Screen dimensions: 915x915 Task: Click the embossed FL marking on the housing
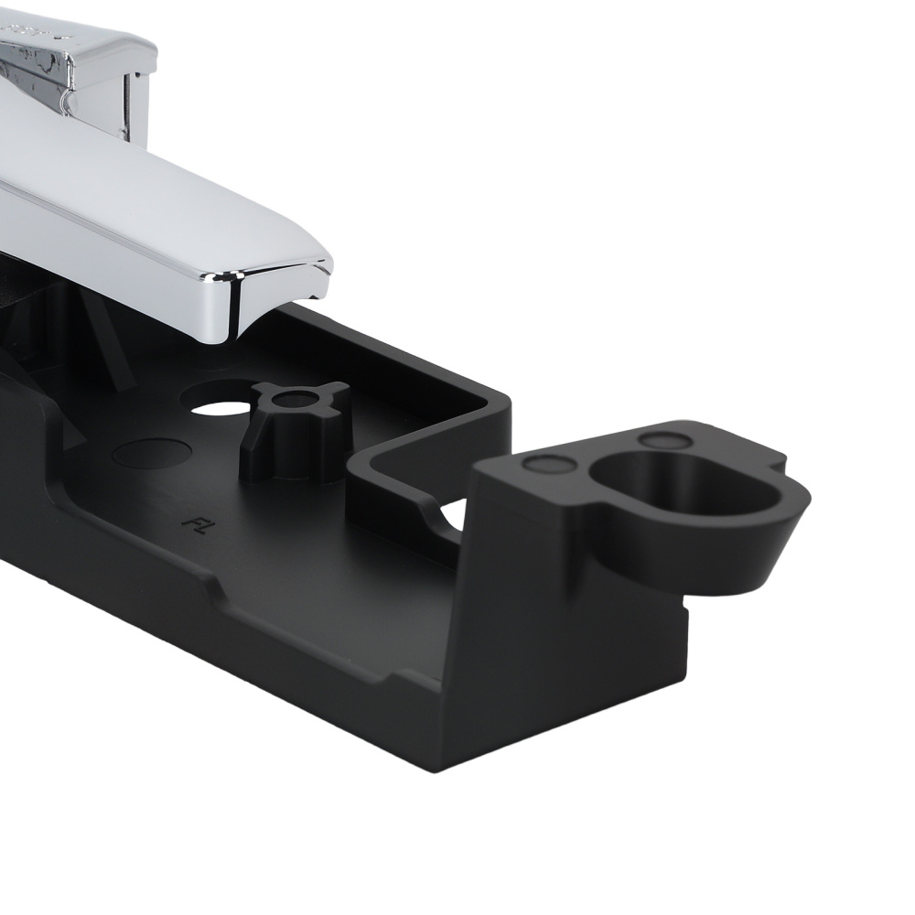pos(192,522)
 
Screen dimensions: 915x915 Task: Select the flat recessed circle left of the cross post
pos(152,452)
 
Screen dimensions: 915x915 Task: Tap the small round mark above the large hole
pos(662,439)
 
